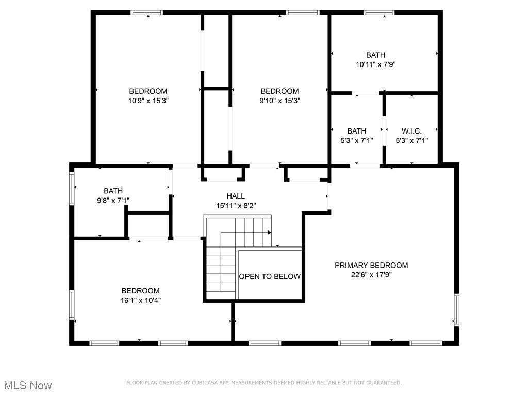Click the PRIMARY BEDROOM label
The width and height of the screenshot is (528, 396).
tap(371, 266)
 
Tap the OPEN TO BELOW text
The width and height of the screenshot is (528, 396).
tap(270, 277)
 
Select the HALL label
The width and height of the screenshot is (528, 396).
tap(236, 196)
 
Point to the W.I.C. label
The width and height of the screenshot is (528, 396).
tap(411, 131)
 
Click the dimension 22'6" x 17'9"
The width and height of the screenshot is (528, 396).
tap(371, 275)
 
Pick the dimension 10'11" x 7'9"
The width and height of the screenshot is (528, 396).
tap(375, 64)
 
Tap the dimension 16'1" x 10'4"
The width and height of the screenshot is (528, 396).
tap(140, 300)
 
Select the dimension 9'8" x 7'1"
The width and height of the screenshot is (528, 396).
tap(113, 200)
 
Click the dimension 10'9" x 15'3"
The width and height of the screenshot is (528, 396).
tap(148, 101)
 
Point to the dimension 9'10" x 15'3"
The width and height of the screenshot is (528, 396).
tap(279, 101)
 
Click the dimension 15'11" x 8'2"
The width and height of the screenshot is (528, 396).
tap(236, 205)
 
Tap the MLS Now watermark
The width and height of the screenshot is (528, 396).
tap(28, 385)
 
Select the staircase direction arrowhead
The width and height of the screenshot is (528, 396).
tap(269, 233)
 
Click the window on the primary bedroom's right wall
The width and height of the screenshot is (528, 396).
tap(456, 309)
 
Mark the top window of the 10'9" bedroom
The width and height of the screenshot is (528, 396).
tap(147, 13)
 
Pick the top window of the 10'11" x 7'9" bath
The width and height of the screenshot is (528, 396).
tap(379, 13)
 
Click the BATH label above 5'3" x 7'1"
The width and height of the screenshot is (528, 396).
tap(356, 131)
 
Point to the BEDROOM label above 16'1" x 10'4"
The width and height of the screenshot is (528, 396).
tap(140, 291)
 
